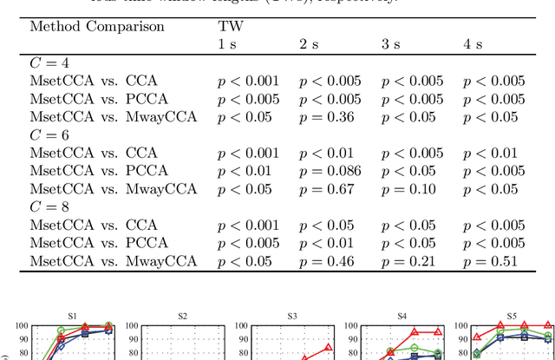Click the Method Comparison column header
[97, 26]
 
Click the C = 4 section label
[49, 62]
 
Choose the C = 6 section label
[49, 134]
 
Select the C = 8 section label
[49, 206]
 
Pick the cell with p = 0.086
[330, 171]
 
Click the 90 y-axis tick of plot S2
[133, 340]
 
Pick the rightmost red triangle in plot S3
[328, 349]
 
